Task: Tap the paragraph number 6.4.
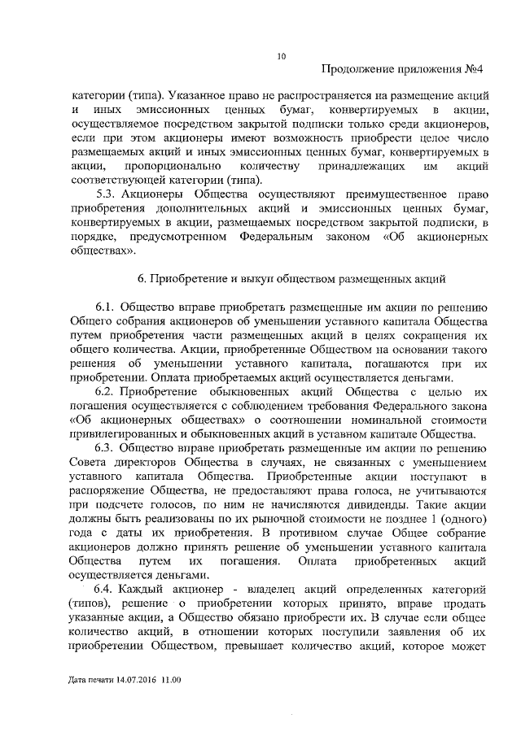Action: [107, 587]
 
